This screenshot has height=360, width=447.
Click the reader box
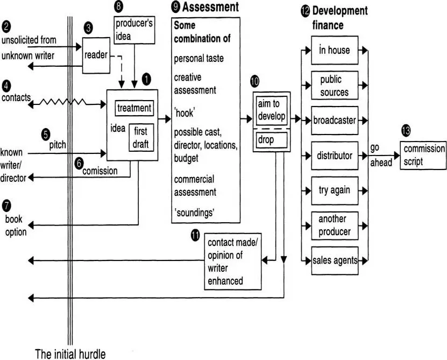click(96, 55)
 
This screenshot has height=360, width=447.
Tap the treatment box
click(134, 108)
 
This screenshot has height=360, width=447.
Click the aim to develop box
click(271, 110)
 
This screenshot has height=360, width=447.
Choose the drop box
click(271, 140)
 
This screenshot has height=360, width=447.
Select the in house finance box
click(334, 51)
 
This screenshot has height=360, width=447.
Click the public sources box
click(334, 86)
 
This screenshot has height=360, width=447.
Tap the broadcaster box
click(334, 121)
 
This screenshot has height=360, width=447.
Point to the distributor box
click(334, 156)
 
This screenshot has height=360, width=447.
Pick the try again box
click(334, 190)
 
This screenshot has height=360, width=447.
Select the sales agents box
click(334, 260)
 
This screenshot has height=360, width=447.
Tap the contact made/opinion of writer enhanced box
click(233, 261)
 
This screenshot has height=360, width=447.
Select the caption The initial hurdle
click(70, 354)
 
